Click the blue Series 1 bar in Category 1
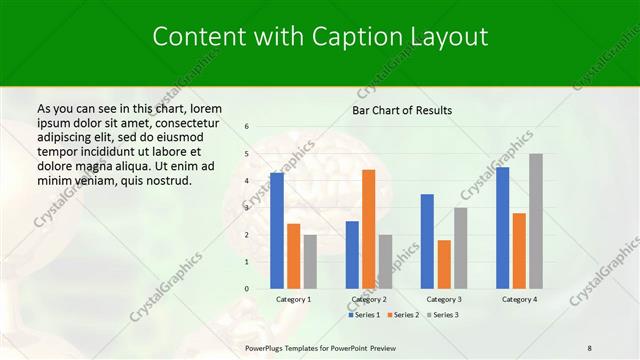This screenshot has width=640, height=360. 277,231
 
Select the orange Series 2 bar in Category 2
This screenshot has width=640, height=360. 368,229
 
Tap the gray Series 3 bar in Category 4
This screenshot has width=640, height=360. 536,221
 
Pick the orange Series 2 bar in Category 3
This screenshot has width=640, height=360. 444,264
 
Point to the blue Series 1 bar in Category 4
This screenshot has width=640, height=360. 502,228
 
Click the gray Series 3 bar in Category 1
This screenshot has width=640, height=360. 310,262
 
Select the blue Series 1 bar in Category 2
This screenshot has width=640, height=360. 352,255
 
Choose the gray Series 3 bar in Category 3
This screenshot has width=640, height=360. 460,248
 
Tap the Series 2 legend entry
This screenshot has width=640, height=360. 403,315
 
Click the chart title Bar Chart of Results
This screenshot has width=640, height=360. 402,110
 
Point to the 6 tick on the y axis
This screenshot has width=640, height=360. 246,127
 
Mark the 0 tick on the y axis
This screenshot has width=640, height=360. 246,289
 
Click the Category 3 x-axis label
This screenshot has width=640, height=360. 444,299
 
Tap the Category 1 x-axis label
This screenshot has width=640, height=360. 293,299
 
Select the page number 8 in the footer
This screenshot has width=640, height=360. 589,347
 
